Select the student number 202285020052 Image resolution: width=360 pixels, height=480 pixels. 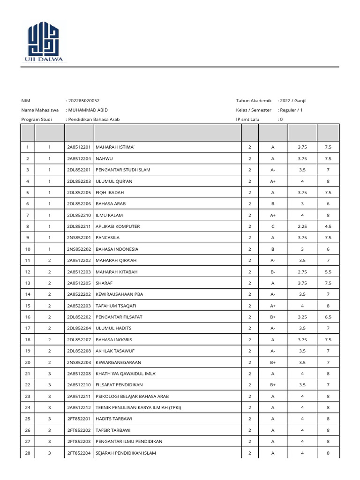click(84, 101)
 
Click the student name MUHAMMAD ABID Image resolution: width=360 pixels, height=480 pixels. click(88, 110)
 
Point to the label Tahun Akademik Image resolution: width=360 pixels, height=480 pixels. click(254, 101)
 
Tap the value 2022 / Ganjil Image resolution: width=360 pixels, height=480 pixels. click(293, 101)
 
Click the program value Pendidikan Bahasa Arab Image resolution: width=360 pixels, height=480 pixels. click(94, 120)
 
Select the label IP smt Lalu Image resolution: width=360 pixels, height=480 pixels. click(248, 120)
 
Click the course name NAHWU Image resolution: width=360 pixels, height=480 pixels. click(104, 158)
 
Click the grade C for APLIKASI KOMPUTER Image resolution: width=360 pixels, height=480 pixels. click(272, 226)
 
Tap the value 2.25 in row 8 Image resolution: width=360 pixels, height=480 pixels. click(302, 226)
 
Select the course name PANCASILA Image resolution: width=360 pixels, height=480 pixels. click(108, 238)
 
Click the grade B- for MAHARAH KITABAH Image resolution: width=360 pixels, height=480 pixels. click(272, 272)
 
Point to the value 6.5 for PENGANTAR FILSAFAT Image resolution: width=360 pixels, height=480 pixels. click(328, 317)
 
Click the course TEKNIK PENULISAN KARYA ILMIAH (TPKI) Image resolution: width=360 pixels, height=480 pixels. click(138, 408)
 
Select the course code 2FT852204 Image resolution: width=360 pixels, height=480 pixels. click(79, 453)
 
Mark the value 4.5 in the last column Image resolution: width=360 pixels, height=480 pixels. click(328, 226)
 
